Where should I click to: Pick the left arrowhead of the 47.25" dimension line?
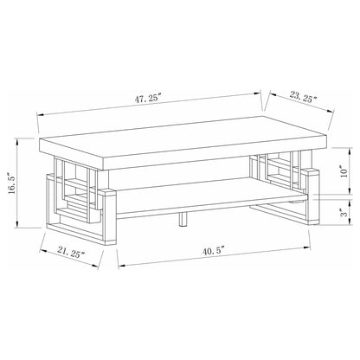point(40,112)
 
